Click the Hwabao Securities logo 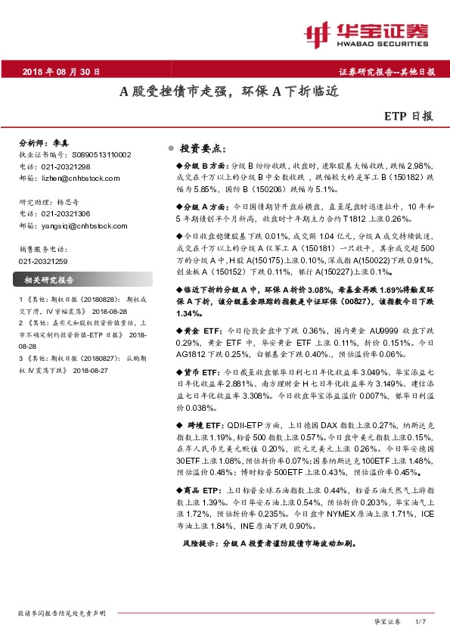click(365, 33)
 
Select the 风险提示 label click(204, 544)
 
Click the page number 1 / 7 click(421, 621)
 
